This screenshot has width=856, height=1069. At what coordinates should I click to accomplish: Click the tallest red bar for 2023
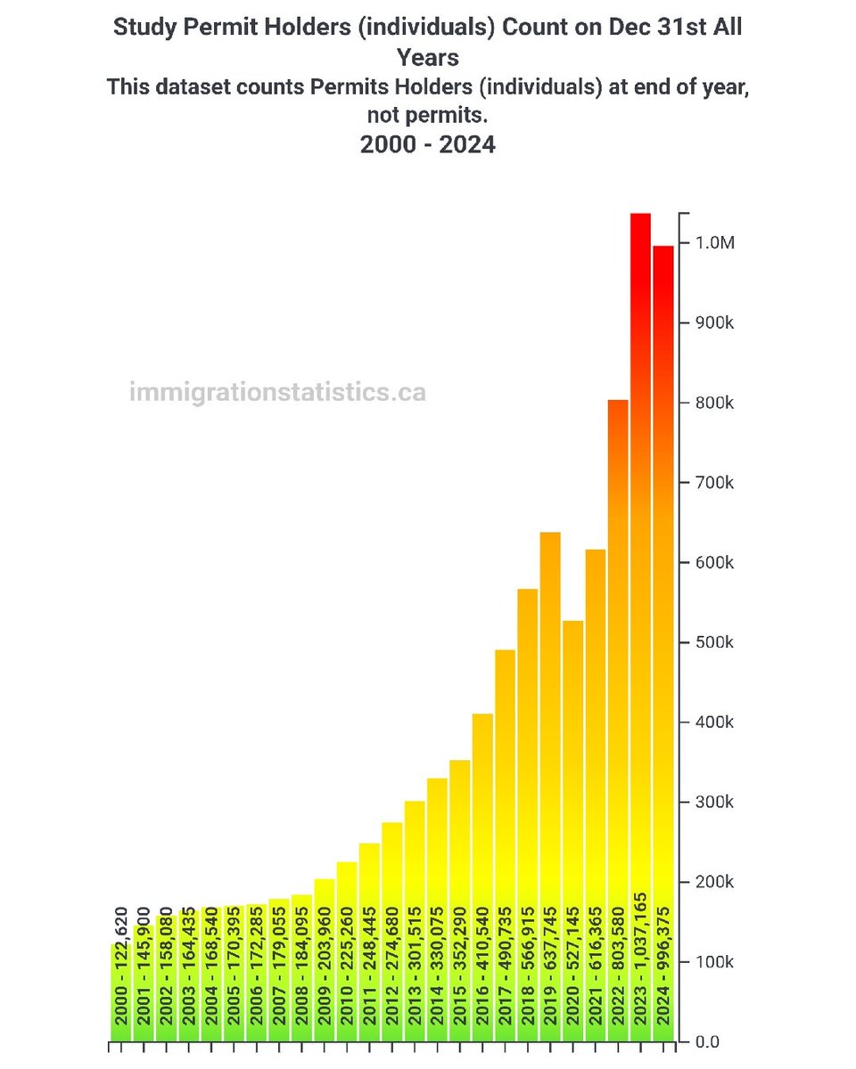640,534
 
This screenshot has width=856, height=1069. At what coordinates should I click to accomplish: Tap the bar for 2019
550,713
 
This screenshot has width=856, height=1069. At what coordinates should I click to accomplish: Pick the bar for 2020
572,757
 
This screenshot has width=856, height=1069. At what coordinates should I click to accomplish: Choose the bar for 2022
618,624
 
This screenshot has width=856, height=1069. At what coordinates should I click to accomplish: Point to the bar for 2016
482,802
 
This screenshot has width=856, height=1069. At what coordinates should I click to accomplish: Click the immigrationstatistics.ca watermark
277,391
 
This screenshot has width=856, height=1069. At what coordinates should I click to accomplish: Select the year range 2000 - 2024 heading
428,143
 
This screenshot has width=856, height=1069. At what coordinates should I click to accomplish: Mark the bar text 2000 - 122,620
120,972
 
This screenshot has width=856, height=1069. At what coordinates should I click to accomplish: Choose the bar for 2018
528,757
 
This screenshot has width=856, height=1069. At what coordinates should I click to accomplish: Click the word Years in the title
428,58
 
